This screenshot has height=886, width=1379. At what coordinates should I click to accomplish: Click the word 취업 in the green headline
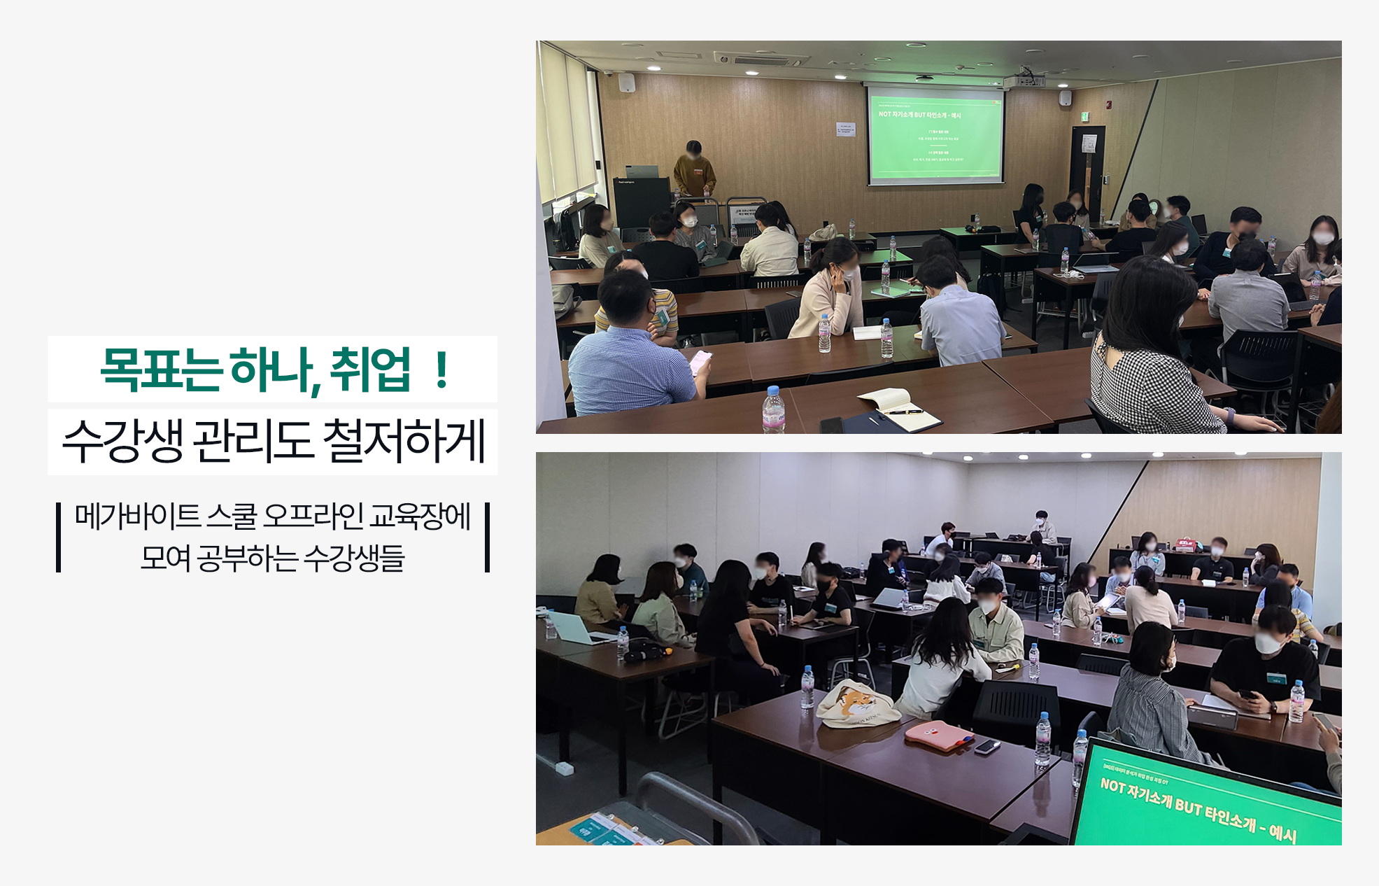[369, 370]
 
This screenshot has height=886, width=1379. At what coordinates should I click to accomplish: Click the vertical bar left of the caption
[59, 537]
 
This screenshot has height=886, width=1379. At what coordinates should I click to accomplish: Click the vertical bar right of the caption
[487, 537]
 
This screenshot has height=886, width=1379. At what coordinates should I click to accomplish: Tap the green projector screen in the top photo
[935, 134]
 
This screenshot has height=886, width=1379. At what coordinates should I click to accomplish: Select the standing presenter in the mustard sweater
[693, 171]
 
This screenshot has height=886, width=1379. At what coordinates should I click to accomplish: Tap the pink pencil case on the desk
[938, 736]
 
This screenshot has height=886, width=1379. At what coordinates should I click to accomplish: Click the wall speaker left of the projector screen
[626, 83]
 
